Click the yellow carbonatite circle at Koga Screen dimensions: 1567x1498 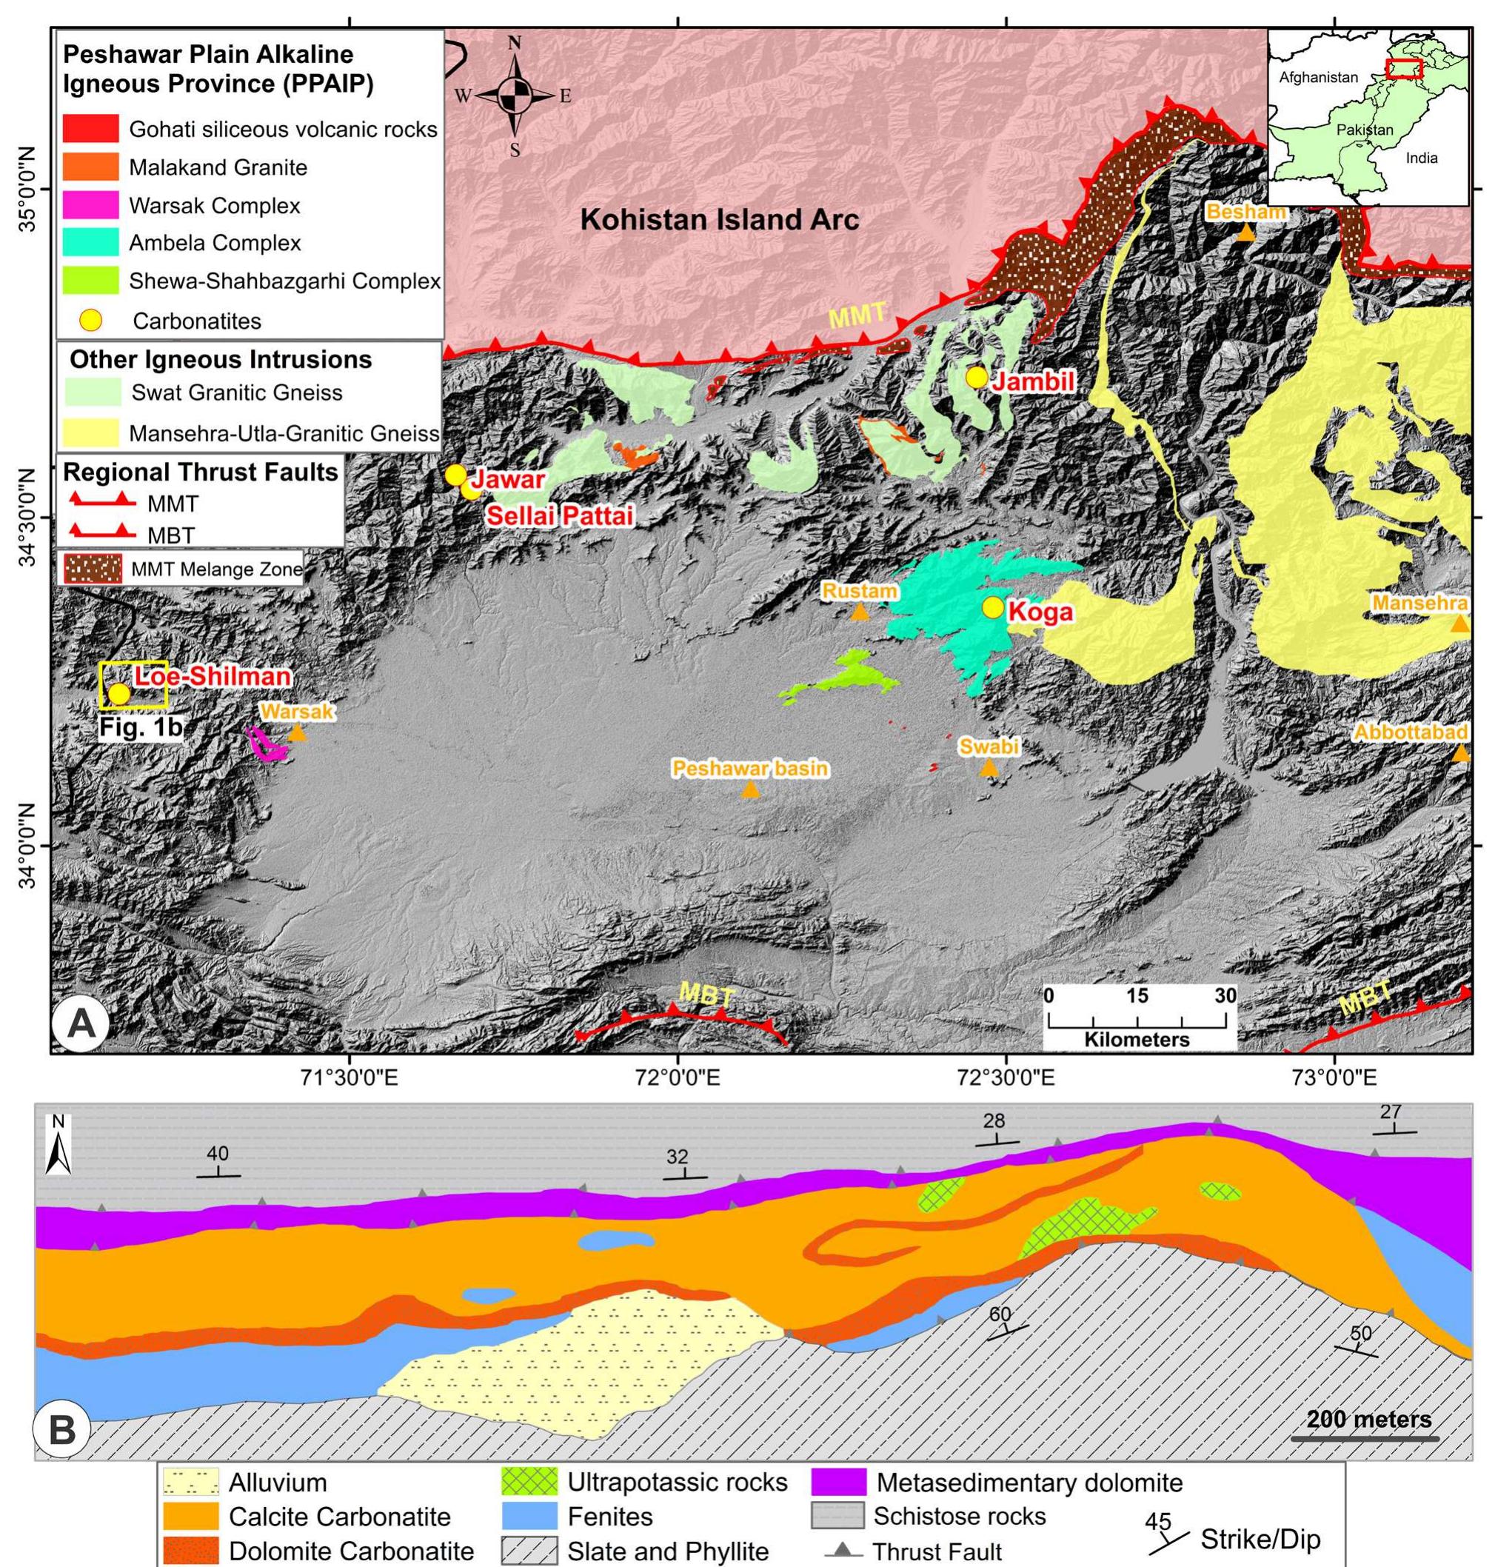tap(992, 608)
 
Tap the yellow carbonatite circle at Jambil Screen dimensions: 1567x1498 tap(975, 377)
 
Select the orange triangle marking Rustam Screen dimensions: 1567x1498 tap(859, 612)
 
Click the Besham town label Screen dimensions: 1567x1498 tap(1246, 212)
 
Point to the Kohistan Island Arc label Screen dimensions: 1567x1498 tap(720, 220)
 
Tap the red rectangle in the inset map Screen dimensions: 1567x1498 tap(1404, 69)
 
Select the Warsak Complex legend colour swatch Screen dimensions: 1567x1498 tap(90, 205)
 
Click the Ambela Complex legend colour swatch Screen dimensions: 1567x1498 tap(90, 243)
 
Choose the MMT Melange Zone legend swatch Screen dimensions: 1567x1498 tap(90, 569)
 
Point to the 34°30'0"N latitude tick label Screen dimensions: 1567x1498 tap(26, 518)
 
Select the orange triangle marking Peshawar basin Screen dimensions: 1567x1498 tap(750, 790)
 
